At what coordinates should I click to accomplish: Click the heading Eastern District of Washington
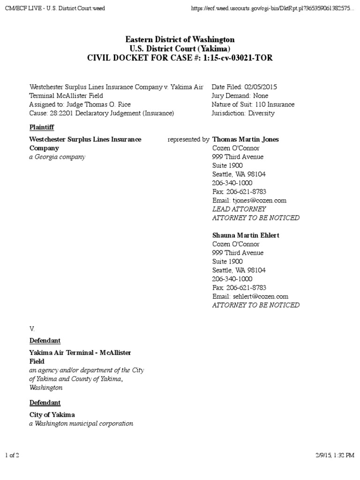[x=180, y=39]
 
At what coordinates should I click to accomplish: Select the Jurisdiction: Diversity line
[x=243, y=113]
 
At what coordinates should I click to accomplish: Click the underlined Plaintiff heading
[x=41, y=127]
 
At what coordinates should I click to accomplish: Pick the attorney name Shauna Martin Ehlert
[x=246, y=235]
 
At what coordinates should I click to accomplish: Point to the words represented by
[x=188, y=139]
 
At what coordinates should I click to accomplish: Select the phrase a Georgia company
[x=57, y=157]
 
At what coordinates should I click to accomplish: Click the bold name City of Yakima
[x=52, y=415]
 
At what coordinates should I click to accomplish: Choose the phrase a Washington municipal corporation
[x=81, y=424]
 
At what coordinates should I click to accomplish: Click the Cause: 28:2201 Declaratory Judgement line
[x=102, y=113]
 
